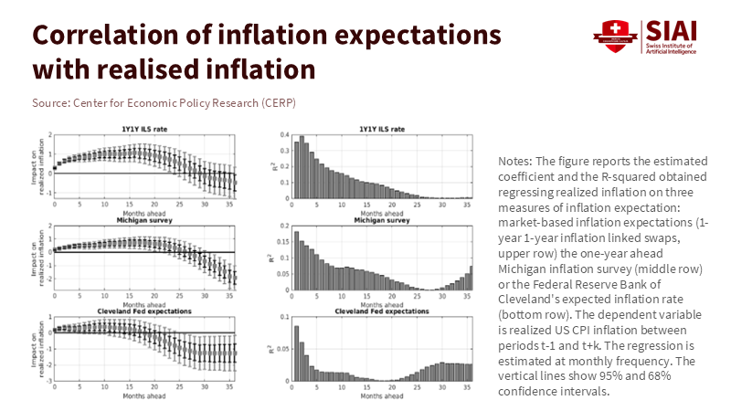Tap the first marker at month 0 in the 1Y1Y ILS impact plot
(55, 168)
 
